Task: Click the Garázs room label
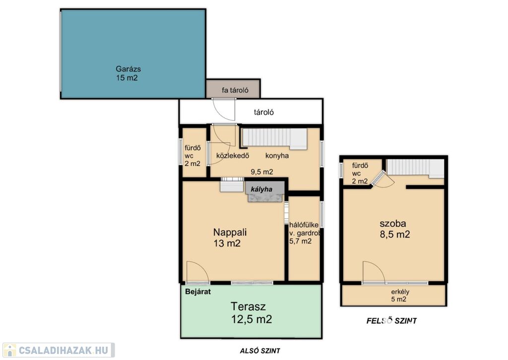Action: (x=128, y=69)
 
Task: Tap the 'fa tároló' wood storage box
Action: (x=233, y=88)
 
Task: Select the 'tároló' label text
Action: (x=264, y=112)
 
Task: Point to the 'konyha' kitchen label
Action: (x=277, y=156)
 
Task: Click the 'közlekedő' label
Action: (x=233, y=156)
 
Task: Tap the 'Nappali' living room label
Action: (x=230, y=232)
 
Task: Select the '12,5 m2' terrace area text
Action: (x=252, y=319)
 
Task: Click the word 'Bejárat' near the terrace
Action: (x=198, y=291)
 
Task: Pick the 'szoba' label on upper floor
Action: (x=393, y=223)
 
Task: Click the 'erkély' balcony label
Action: (x=400, y=292)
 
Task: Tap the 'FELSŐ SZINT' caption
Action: (x=391, y=321)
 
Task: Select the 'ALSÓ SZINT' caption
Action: (x=260, y=351)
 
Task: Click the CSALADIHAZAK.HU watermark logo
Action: (x=59, y=350)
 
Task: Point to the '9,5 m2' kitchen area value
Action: (x=262, y=172)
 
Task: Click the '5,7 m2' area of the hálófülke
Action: (x=300, y=241)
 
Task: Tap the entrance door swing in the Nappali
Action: (x=198, y=272)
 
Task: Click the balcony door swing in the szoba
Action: (x=374, y=272)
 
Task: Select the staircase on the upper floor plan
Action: (x=415, y=168)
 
